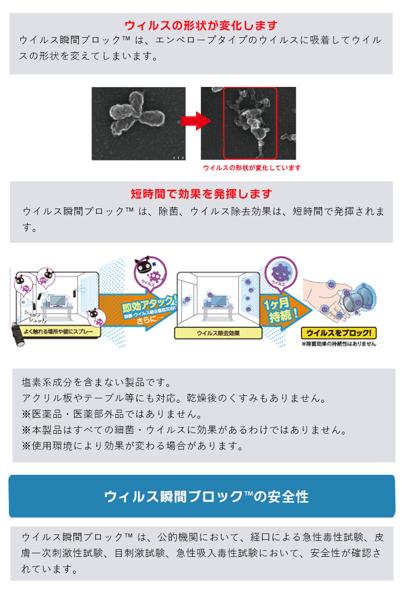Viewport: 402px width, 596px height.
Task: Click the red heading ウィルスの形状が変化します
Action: tap(201, 25)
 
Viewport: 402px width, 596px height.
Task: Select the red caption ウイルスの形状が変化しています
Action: tap(252, 168)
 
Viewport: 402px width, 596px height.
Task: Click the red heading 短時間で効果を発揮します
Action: tap(201, 194)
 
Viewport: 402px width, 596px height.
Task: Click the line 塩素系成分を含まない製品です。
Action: tap(96, 383)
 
